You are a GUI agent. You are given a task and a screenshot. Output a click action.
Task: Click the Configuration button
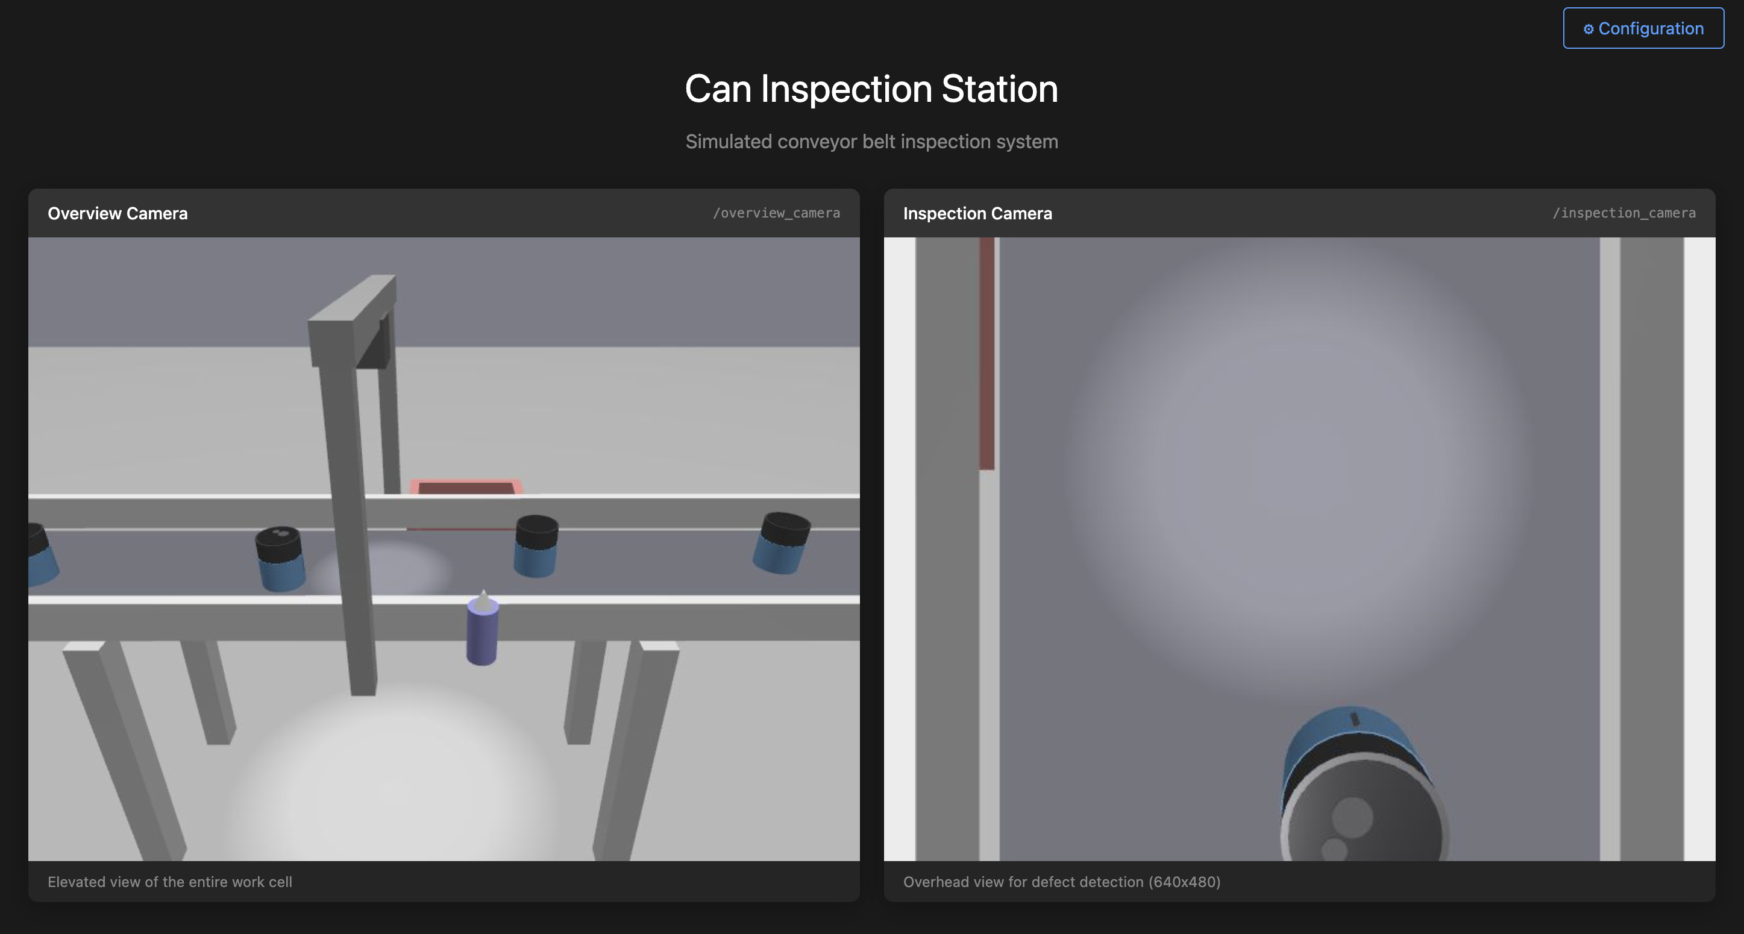point(1643,28)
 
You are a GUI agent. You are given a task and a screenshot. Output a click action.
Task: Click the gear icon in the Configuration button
point(1587,29)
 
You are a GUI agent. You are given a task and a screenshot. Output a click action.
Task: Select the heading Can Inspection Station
point(871,89)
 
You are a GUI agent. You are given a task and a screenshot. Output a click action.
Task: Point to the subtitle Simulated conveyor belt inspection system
point(871,142)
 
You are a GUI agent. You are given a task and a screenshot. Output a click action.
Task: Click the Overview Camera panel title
point(117,213)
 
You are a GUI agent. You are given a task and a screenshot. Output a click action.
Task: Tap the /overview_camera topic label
point(776,213)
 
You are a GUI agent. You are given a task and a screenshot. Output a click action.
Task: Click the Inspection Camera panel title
point(977,213)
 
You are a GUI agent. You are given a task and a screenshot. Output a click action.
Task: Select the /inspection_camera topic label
point(1623,213)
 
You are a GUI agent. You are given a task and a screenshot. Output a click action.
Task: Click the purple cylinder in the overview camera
point(482,633)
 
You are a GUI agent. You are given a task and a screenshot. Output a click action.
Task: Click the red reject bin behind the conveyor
point(466,487)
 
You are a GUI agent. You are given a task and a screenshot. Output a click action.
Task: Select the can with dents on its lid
point(280,558)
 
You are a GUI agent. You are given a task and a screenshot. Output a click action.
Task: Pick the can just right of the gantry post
point(536,545)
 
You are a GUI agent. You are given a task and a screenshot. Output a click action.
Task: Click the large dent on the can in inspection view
point(1352,817)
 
